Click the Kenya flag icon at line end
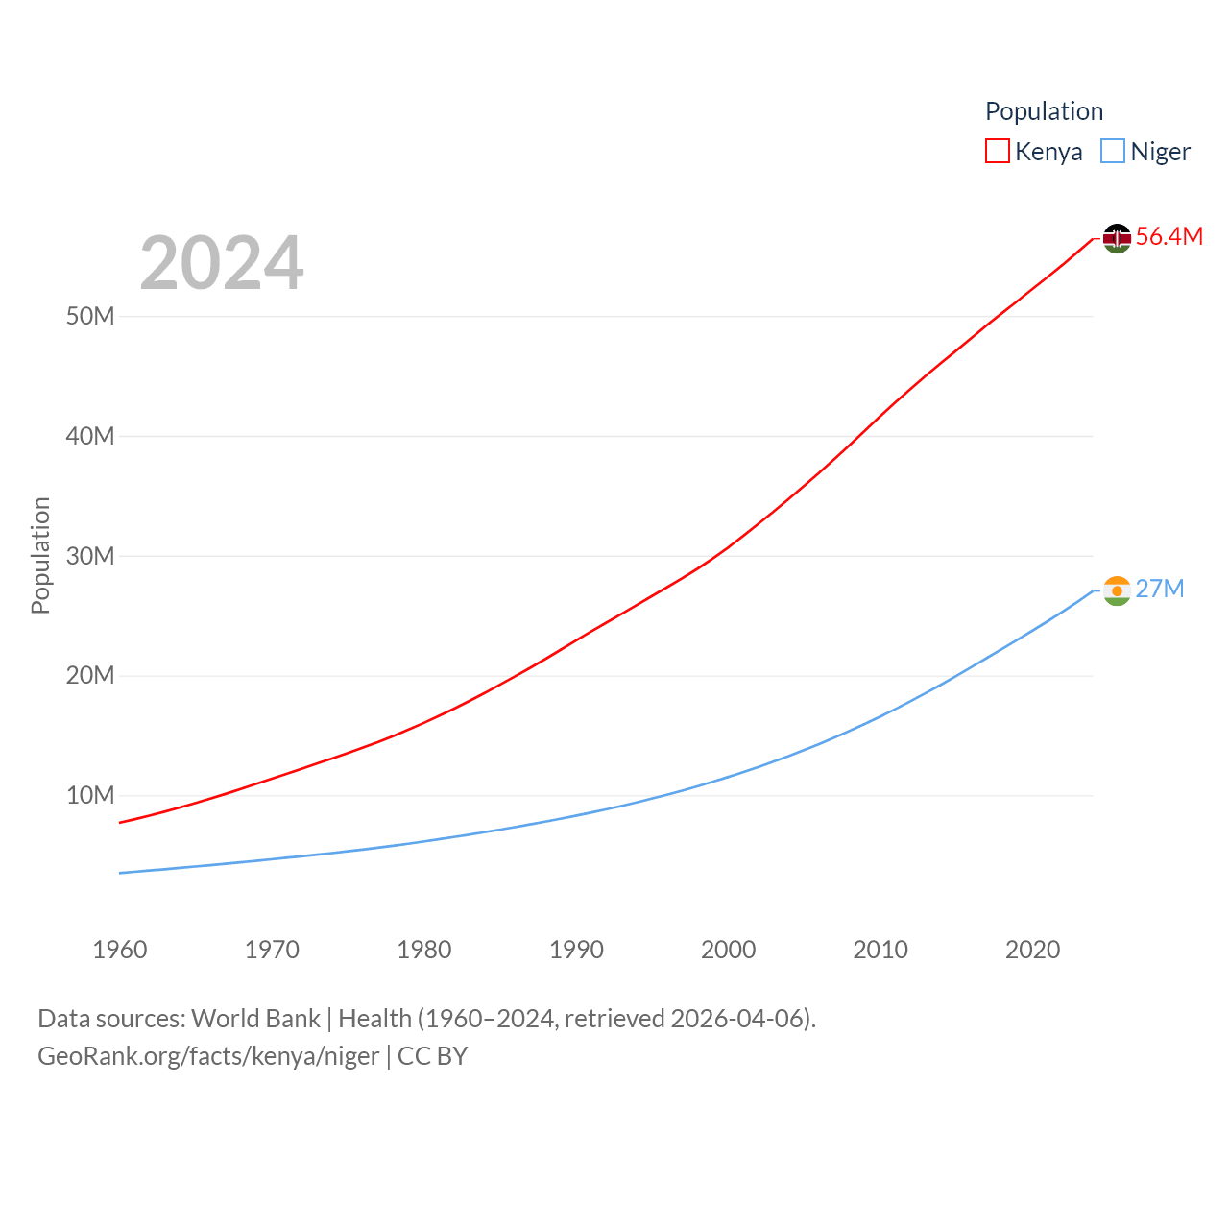1117,238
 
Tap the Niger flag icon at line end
1117,590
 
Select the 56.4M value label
1169,236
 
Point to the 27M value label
1159,589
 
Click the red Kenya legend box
998,152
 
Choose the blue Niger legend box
1113,152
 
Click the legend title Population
1044,111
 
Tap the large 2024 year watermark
222,263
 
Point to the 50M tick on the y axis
90,316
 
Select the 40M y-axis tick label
90,436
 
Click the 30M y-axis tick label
90,556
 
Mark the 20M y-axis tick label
90,675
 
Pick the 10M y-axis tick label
90,795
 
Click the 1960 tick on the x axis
120,950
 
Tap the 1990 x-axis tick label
576,950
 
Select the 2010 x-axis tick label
880,950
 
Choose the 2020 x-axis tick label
1032,950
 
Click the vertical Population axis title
40,555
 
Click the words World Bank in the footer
255,1018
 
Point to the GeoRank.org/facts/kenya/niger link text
208,1056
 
